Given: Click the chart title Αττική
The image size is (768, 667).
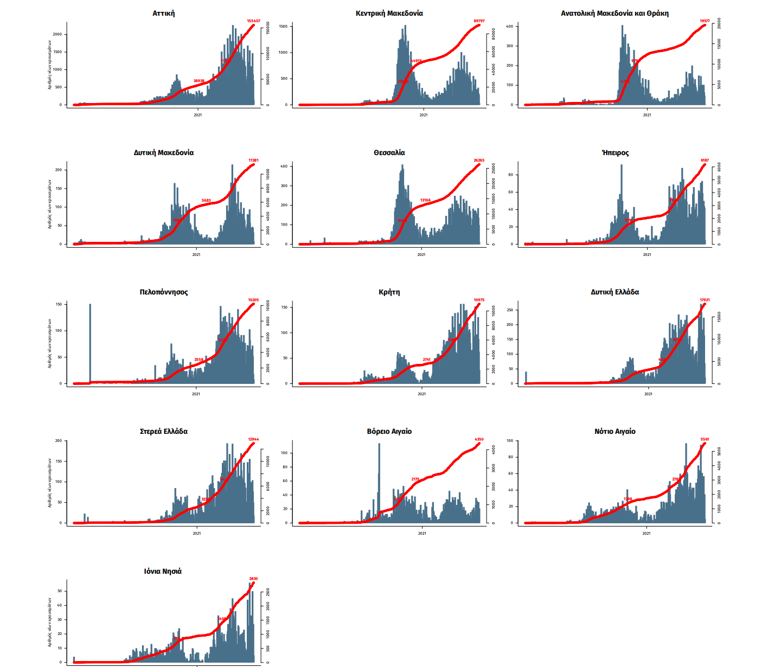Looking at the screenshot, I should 163,13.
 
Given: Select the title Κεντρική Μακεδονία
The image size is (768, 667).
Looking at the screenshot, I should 389,13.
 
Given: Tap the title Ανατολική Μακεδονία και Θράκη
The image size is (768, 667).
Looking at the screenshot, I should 615,13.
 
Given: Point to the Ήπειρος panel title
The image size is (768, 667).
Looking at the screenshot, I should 615,152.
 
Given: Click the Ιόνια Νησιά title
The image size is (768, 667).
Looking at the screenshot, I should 163,571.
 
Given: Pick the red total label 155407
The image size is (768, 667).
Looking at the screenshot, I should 253,21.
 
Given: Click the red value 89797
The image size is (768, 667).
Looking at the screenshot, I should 479,21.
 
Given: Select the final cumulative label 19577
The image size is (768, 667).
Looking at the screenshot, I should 705,21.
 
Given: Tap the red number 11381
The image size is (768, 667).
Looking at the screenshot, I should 253,161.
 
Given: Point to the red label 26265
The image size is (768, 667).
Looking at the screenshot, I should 479,161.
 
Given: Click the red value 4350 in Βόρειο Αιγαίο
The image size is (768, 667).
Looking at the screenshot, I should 479,439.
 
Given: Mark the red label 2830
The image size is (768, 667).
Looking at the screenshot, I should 253,579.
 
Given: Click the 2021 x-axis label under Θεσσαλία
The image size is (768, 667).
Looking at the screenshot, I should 421,254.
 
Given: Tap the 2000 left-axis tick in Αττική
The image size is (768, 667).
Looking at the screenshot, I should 57,34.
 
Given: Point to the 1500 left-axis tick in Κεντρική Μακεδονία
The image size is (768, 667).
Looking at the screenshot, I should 283,26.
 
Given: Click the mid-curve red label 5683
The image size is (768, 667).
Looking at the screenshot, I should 206,201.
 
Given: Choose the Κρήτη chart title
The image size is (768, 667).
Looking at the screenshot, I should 389,292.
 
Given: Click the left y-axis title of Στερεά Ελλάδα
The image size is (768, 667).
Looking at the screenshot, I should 49,483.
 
